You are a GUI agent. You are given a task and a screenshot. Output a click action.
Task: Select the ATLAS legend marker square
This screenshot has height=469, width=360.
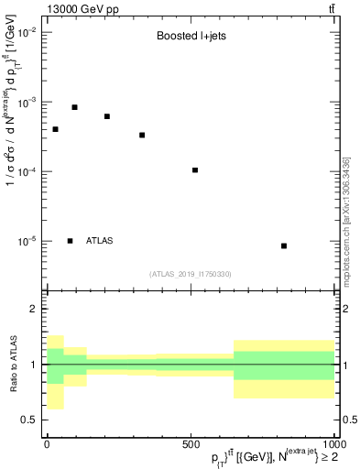point(71,241)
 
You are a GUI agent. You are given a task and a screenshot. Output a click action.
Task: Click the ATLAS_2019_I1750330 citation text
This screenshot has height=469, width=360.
point(189,274)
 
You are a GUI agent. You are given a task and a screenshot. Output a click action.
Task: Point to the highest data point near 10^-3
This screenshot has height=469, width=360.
point(75,107)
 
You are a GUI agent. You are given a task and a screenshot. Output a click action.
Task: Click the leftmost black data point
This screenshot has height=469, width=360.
point(55,129)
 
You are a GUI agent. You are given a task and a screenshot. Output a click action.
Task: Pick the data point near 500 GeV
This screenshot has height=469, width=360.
point(195,169)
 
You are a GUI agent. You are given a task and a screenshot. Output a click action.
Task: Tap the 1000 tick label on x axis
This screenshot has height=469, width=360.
point(332,443)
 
